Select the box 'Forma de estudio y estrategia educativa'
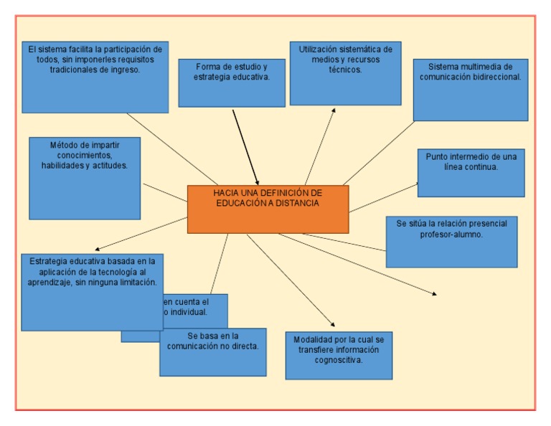(x=232, y=83)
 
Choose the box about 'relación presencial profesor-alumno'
(x=451, y=242)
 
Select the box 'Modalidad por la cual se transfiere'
(x=339, y=356)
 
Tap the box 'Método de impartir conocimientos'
(x=85, y=179)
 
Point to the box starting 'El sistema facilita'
(x=95, y=77)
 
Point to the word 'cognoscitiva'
(x=339, y=360)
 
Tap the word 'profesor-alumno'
(x=451, y=234)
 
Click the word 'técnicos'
(x=346, y=70)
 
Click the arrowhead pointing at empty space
(x=434, y=293)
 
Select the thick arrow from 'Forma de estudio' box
(x=245, y=146)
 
